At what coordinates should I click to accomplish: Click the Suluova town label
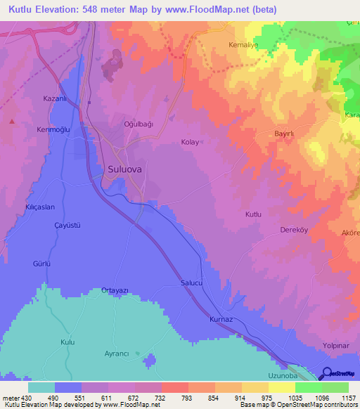click(127, 169)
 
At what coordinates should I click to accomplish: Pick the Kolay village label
click(191, 142)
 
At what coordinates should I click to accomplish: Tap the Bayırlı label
click(285, 133)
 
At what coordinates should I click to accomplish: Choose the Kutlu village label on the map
click(253, 214)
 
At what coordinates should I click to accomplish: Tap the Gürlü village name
click(41, 264)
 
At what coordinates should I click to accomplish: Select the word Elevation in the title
click(63, 10)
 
